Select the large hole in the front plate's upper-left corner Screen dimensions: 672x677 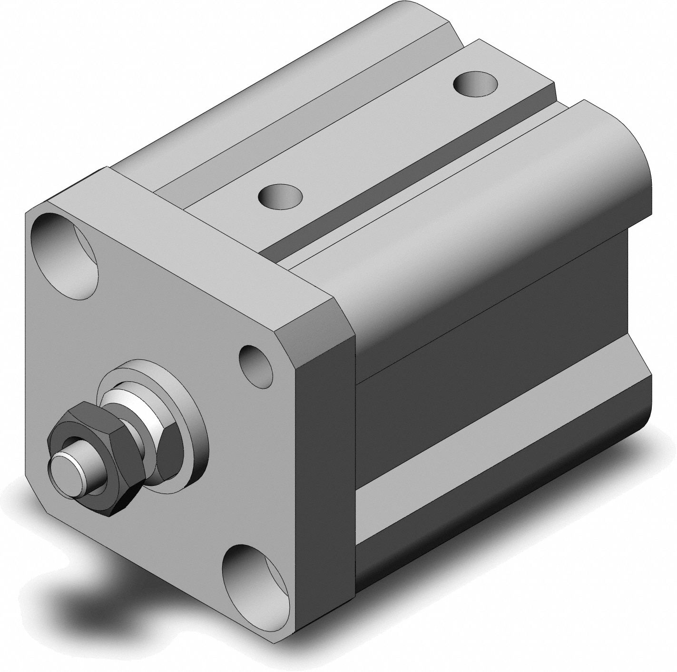click(x=64, y=257)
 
